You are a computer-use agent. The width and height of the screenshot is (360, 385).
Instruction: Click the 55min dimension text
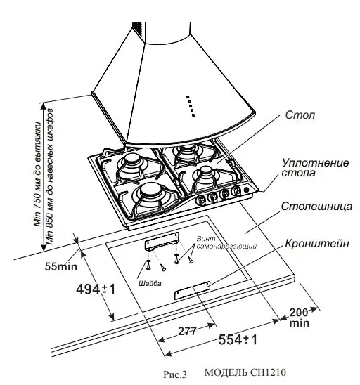(60, 267)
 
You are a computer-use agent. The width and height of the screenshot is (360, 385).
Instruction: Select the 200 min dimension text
(299, 318)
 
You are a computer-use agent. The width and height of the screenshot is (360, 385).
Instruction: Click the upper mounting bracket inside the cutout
(162, 242)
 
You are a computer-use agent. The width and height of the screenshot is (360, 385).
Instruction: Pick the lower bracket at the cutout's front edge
(191, 289)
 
